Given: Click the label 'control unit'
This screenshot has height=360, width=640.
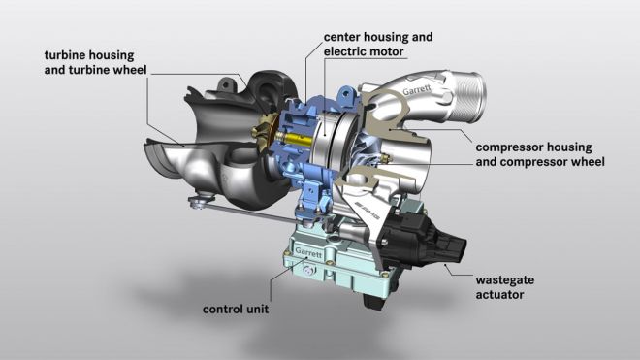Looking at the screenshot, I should pos(236,310).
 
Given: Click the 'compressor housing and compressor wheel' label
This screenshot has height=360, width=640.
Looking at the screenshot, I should pos(538,154).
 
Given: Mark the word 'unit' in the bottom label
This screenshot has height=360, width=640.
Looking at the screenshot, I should pos(255,310).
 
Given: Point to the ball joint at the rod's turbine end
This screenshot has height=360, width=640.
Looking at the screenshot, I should pos(198,201).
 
